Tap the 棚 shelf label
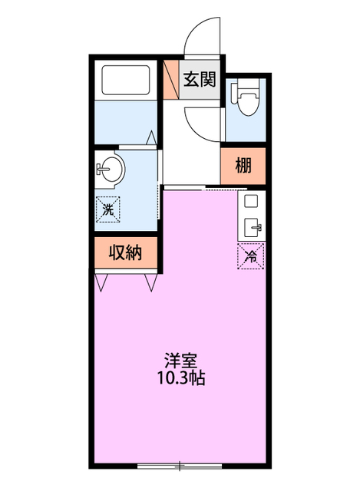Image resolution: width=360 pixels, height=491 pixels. point(243,164)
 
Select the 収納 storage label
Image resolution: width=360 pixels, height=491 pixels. point(126,253)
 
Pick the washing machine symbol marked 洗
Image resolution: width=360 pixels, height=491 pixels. point(107,206)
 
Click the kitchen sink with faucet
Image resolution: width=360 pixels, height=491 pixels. point(251,227)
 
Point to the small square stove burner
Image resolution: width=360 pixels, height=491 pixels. point(251,201)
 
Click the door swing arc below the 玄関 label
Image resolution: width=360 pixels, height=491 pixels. point(201,120)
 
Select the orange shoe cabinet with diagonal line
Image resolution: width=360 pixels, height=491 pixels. point(170,79)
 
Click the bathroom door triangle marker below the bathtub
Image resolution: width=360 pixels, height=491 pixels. point(150,138)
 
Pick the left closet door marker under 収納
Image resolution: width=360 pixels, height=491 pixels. point(102,282)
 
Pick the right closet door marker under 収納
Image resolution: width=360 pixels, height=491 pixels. point(150,282)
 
